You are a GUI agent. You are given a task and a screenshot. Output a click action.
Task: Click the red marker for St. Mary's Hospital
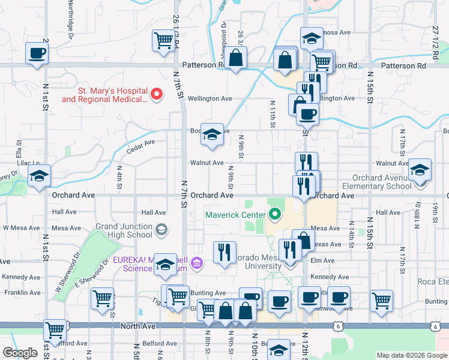point(156,93)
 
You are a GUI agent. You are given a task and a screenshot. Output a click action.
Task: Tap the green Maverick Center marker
point(276,213)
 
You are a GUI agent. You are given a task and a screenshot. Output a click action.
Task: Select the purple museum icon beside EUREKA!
point(197,262)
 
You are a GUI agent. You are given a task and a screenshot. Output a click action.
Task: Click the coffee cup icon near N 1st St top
point(37,53)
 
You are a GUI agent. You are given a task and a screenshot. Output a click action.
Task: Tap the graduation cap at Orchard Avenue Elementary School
point(420,170)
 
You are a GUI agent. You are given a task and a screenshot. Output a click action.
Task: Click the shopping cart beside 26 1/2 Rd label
point(163,41)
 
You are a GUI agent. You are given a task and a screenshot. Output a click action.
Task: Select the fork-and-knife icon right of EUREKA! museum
point(225,252)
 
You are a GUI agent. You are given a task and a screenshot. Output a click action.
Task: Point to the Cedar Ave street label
point(141,143)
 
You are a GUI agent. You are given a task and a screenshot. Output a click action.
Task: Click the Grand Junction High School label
point(124,230)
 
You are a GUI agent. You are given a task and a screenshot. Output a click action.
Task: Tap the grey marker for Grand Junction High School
point(161,229)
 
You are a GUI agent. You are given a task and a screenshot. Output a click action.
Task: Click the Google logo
point(20,353)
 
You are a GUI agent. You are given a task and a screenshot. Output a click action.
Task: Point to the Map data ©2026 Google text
point(411,355)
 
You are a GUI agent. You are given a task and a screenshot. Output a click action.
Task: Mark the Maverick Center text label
point(235,214)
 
